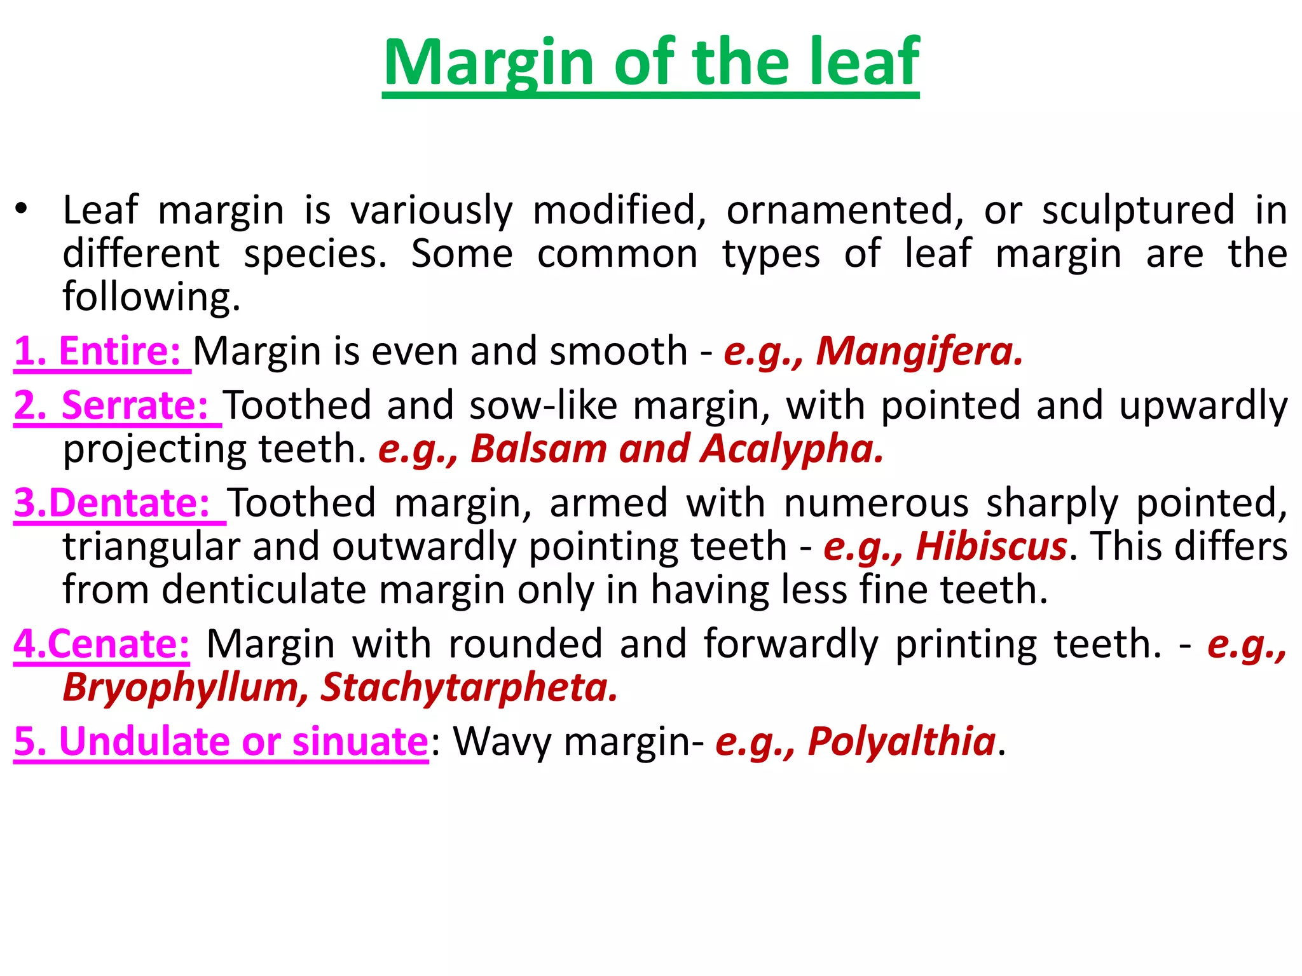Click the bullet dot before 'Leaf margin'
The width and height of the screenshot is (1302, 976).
[x=22, y=209]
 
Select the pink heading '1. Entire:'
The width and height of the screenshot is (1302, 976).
[x=102, y=351]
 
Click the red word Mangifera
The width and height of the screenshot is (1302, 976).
[x=919, y=351]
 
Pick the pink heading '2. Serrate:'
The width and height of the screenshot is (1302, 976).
[x=117, y=405]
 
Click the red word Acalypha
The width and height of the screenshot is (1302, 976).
[x=791, y=449]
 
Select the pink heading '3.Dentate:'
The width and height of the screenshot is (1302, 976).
[x=118, y=503]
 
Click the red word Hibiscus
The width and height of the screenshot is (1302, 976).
[x=991, y=546]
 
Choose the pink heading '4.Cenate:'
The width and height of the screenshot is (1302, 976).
[x=102, y=644]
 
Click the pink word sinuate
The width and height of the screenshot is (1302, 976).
[x=360, y=741]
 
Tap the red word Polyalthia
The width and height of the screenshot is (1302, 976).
[x=901, y=741]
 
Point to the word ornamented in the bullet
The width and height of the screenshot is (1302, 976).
[x=845, y=210]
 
